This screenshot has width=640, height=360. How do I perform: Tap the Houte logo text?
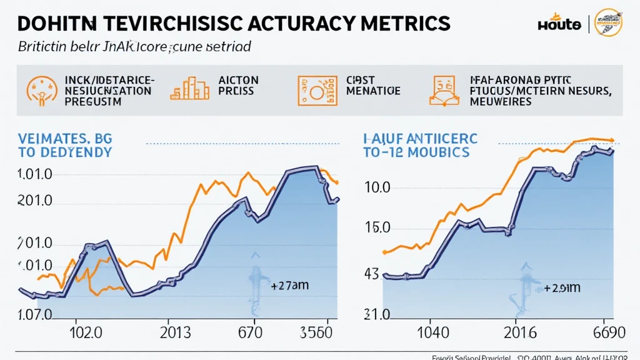(x=559, y=24)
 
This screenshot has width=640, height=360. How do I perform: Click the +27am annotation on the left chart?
(x=290, y=286)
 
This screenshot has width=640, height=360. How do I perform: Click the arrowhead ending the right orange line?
(x=611, y=140)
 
